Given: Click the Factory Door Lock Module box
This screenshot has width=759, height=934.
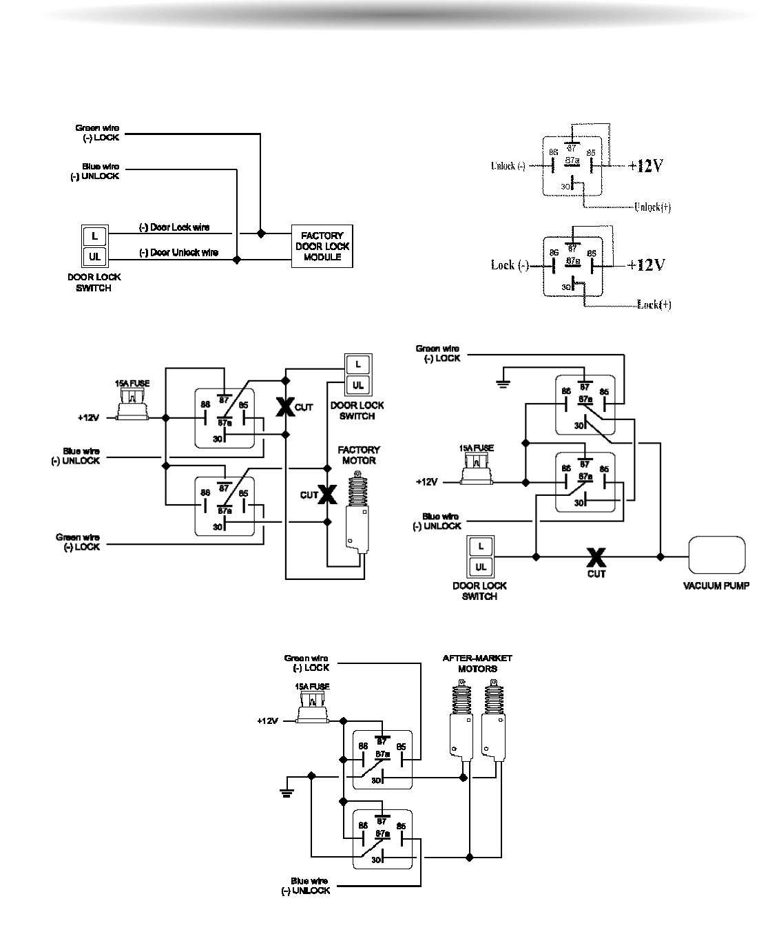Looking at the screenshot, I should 322,246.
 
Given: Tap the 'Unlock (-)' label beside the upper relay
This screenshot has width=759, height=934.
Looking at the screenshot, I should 508,166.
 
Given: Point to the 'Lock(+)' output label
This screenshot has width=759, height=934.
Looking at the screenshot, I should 654,304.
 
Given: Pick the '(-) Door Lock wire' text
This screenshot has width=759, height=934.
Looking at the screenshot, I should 174,227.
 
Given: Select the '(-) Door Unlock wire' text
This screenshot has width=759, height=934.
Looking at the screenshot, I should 178,253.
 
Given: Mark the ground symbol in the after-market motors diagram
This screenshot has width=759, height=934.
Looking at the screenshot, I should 287,789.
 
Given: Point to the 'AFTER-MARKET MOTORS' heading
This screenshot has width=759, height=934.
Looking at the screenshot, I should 477,663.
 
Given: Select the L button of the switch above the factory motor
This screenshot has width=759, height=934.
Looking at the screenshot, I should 357,363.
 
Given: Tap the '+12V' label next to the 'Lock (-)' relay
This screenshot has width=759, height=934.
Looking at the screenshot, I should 646,264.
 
